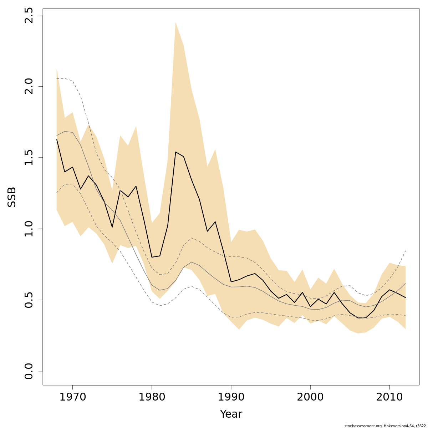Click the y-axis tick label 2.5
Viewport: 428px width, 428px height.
tap(29, 15)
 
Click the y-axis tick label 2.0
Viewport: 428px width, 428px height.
tap(29, 86)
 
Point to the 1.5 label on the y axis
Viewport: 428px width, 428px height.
tap(29, 157)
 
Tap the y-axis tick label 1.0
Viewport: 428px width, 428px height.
tap(29, 229)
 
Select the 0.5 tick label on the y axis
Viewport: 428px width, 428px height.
tap(29, 300)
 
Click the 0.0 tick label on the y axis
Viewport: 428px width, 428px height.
tap(29, 371)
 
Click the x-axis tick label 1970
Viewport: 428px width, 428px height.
tap(73, 397)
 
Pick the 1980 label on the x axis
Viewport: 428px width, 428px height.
tap(152, 397)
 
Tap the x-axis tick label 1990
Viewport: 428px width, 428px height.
tap(231, 397)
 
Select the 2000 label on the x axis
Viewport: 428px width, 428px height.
tap(310, 397)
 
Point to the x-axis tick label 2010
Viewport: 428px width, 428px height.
tap(389, 397)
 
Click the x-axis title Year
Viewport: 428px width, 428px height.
tap(231, 414)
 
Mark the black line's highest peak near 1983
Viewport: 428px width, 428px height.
tap(175, 152)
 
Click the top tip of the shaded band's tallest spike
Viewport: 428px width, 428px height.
tap(175, 22)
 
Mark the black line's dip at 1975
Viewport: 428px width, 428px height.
tap(112, 227)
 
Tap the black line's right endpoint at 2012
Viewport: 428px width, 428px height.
tap(406, 297)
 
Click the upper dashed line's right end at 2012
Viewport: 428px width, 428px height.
tap(406, 251)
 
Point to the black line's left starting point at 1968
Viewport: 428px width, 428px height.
tap(57, 139)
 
